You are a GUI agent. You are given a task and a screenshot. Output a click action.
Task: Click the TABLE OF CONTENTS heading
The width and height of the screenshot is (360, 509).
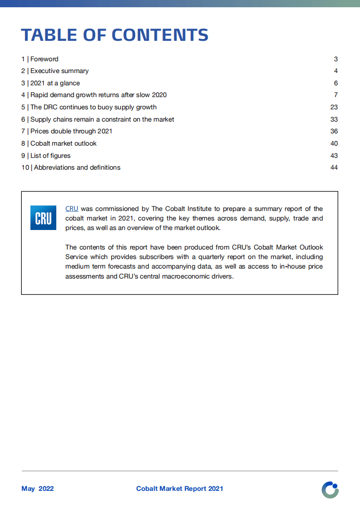(115, 35)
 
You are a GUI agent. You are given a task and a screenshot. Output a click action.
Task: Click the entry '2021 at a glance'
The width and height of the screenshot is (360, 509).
(50, 83)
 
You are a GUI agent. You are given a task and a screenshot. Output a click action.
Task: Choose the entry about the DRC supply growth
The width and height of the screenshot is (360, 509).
(89, 107)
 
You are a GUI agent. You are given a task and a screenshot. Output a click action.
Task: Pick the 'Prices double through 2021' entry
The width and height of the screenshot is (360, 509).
(67, 131)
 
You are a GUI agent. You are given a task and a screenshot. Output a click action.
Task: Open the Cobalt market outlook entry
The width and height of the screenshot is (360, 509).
(59, 143)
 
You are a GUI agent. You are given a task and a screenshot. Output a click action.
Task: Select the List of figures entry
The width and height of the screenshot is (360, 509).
(46, 156)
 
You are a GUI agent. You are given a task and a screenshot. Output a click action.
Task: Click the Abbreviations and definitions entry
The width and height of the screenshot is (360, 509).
(71, 167)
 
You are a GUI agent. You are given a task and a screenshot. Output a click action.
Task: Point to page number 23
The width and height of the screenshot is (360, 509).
(334, 107)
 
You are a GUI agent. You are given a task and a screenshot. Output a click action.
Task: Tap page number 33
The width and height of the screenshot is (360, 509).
(334, 119)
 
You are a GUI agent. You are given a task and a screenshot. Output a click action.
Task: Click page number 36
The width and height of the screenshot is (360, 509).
(334, 131)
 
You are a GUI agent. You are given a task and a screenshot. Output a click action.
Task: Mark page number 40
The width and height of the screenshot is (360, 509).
(334, 143)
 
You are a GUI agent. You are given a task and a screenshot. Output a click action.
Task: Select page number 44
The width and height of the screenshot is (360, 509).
(334, 167)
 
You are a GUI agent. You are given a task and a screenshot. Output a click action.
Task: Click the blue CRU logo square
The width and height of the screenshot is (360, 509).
(43, 218)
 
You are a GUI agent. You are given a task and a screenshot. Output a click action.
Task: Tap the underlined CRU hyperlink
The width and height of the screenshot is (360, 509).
(72, 209)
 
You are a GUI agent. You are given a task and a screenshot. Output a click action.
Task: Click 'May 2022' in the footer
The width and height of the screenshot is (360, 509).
(38, 489)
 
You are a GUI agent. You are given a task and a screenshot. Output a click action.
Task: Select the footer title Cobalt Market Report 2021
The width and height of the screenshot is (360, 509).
(180, 489)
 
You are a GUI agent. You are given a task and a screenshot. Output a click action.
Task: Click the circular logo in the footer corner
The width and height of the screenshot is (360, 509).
(330, 490)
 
